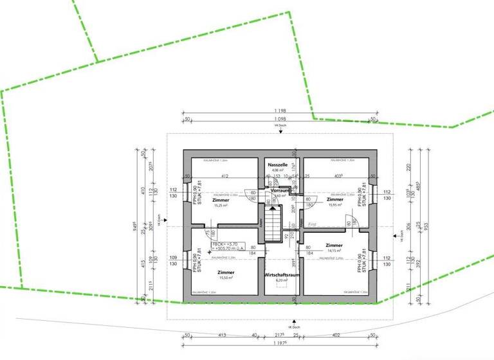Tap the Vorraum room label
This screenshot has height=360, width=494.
point(280,191)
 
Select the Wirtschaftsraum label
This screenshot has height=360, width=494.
point(282,274)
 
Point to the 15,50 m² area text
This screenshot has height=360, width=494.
point(226,278)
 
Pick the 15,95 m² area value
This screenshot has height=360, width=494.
point(335,205)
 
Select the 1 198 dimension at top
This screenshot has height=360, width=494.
point(279,111)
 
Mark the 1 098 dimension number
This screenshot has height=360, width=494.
point(279,120)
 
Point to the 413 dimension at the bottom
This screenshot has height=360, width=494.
point(221,335)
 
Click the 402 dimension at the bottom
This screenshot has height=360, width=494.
point(335,335)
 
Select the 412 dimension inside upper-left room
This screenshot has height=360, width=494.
point(225,176)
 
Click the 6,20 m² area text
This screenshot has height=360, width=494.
point(282,281)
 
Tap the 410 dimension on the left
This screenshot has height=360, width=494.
point(145,191)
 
